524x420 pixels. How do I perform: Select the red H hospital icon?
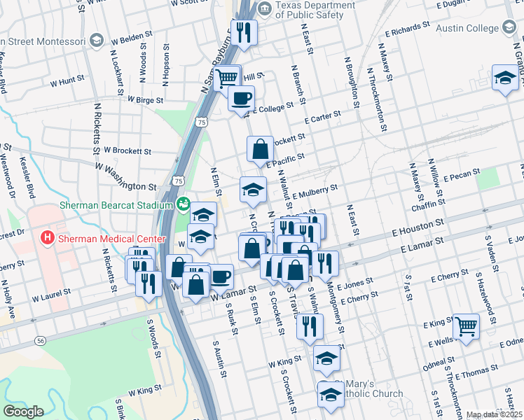(x=48, y=238)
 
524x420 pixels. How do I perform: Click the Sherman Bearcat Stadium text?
(x=116, y=205)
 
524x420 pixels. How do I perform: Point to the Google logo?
(x=23, y=412)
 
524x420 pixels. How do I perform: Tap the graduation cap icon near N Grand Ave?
(x=504, y=78)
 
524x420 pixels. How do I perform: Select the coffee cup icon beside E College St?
(x=241, y=99)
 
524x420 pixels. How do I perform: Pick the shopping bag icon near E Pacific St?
(x=260, y=148)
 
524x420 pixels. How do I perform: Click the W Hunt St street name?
(x=67, y=82)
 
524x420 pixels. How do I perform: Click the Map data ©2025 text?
(x=495, y=414)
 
